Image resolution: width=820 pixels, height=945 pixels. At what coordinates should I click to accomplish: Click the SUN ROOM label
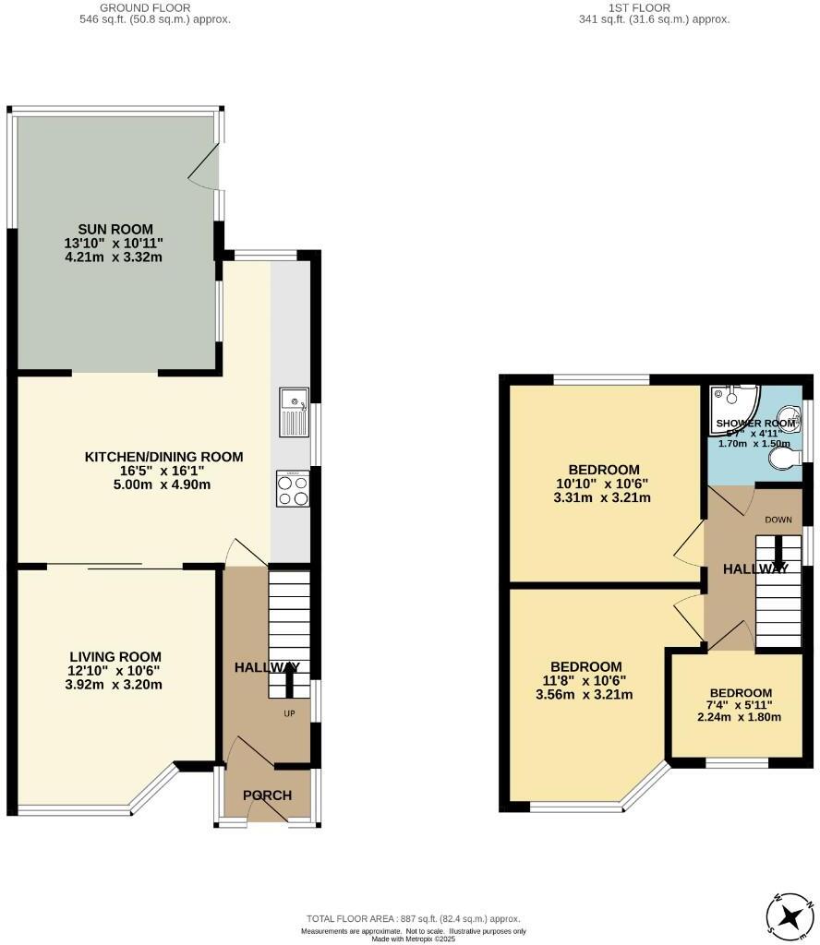click(116, 229)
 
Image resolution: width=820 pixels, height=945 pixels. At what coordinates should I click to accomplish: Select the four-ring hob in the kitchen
click(295, 489)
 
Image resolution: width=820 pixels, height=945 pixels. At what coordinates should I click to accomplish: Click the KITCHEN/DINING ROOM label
click(164, 457)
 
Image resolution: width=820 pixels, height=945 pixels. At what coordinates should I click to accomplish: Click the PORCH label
click(267, 795)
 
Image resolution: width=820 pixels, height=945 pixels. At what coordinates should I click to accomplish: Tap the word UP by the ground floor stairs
click(289, 714)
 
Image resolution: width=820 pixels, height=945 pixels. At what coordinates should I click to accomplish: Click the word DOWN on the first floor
click(778, 520)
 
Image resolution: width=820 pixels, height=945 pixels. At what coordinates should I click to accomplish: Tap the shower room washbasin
click(790, 417)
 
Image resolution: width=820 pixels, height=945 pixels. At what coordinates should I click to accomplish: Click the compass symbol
click(790, 916)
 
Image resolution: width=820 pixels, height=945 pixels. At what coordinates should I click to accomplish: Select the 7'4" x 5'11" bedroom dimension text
click(740, 706)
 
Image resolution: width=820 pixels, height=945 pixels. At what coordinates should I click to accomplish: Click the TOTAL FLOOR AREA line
click(413, 919)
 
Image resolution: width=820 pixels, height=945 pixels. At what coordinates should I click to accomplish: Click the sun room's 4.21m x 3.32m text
click(116, 257)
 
